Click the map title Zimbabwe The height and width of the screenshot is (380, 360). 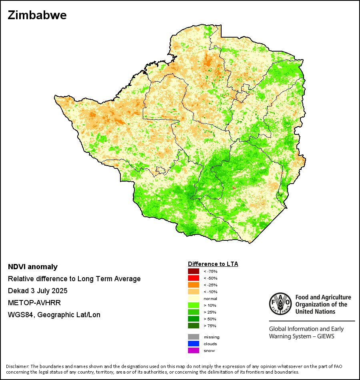(x=37, y=16)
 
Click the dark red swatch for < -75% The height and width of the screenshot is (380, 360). (x=194, y=272)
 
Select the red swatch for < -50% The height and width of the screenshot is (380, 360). (x=194, y=278)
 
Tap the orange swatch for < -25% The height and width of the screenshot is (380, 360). (x=194, y=285)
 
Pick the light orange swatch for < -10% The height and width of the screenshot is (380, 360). (x=194, y=292)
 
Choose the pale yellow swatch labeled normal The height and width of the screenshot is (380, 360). (x=194, y=299)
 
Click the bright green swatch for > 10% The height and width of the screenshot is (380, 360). (x=194, y=306)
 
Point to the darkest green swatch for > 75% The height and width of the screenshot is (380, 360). (x=194, y=326)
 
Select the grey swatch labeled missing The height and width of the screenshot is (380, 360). (x=194, y=337)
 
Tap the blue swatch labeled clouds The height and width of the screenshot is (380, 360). (x=194, y=344)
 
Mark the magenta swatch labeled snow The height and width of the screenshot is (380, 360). (x=194, y=351)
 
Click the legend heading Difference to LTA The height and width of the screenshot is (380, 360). (x=213, y=264)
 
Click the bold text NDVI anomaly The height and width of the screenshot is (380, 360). (x=33, y=267)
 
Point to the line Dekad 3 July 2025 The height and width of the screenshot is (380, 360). (x=38, y=290)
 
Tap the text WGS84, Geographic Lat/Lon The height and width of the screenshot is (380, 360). (x=54, y=315)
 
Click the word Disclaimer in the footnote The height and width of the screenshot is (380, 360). (x=17, y=366)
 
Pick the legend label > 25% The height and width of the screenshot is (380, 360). (x=210, y=312)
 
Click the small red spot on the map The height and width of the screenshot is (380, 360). (x=234, y=187)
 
